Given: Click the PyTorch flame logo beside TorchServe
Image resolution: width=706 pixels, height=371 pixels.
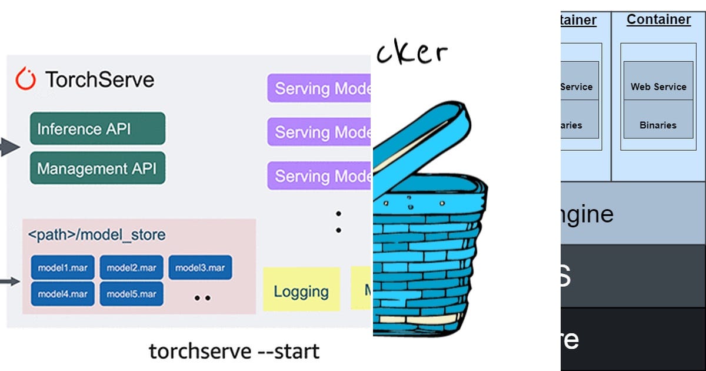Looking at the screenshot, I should [x=26, y=79].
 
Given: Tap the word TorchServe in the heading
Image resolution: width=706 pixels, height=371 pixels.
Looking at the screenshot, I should [x=99, y=79].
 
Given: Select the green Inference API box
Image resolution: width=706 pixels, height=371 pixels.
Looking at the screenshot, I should [x=98, y=128].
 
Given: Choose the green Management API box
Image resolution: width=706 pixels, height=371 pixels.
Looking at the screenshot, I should [x=98, y=168].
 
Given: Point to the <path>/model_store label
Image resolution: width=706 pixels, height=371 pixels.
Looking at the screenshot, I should [x=96, y=235].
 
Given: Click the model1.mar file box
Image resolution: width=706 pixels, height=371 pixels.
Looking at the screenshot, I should [x=62, y=268].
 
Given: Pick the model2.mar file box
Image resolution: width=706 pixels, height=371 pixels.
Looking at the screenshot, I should [x=131, y=268].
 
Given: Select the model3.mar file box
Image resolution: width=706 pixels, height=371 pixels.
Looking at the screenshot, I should [x=200, y=268].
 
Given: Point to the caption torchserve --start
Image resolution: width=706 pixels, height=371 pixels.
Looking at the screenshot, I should [x=234, y=351].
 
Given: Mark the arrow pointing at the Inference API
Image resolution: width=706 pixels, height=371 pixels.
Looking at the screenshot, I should [x=9, y=147].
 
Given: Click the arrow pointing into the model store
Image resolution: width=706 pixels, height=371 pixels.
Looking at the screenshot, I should [x=9, y=282].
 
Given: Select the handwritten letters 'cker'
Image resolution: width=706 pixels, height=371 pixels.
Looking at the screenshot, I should [x=411, y=53].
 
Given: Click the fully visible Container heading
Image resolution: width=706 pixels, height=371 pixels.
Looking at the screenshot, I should [x=658, y=19].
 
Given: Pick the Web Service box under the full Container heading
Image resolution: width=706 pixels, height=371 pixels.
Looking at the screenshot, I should [x=658, y=87].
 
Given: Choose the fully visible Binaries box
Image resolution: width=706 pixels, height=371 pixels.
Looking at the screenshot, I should [x=658, y=125].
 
